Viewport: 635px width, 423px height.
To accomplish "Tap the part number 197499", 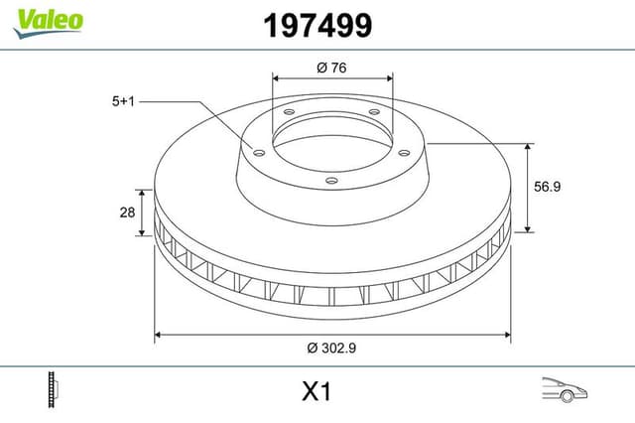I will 317,26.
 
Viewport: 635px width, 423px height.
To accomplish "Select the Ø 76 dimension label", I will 332,68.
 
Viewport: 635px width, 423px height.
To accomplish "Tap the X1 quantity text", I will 316,392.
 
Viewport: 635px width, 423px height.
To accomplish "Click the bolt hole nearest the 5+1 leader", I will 259,153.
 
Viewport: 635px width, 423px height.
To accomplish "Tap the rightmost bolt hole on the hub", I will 404,152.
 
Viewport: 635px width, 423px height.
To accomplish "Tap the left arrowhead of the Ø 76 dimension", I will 276,78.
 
